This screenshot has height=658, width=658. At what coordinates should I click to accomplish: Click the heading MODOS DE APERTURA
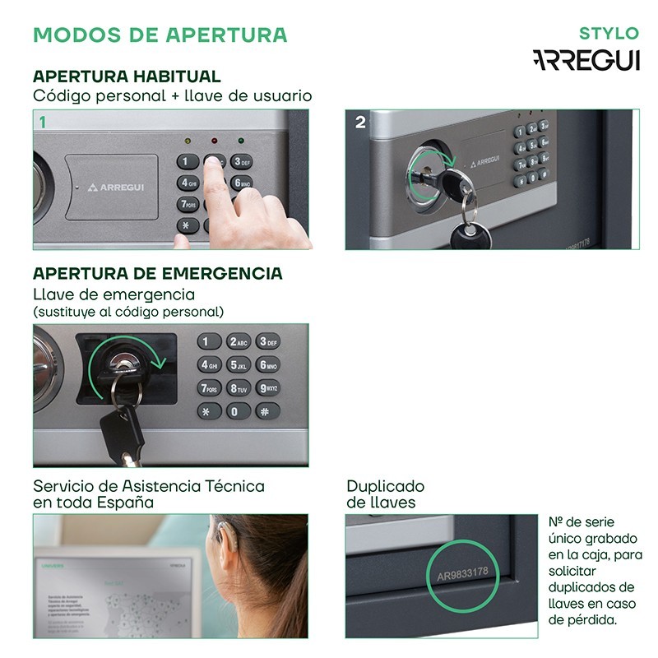tap(160, 35)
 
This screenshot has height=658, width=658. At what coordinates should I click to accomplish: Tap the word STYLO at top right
tap(609, 34)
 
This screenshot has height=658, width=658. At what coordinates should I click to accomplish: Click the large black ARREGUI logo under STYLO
tap(586, 61)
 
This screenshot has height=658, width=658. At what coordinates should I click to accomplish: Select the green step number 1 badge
tap(42, 122)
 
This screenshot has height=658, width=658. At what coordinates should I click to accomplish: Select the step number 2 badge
tap(360, 122)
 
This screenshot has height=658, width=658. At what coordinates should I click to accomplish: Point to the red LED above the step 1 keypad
tap(214, 141)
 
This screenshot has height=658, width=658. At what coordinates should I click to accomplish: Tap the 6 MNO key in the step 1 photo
tap(241, 183)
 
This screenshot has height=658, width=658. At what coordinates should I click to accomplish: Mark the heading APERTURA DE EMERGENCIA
tap(157, 273)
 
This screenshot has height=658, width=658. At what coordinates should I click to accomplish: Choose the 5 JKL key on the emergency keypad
tap(239, 365)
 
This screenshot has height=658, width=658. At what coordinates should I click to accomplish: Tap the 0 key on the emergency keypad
tap(238, 411)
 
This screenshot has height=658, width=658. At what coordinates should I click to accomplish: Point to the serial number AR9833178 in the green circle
tap(462, 572)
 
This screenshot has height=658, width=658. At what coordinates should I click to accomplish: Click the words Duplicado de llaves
tap(385, 494)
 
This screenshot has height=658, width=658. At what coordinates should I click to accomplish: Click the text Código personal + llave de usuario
tap(172, 96)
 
